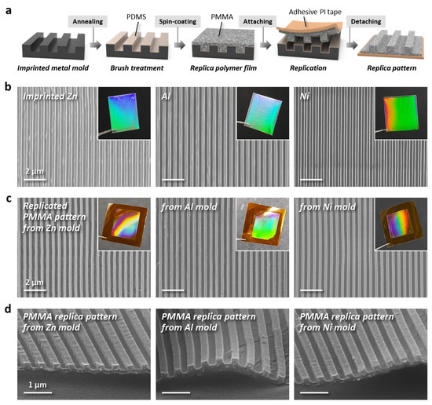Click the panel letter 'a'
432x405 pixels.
pos(7,7)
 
